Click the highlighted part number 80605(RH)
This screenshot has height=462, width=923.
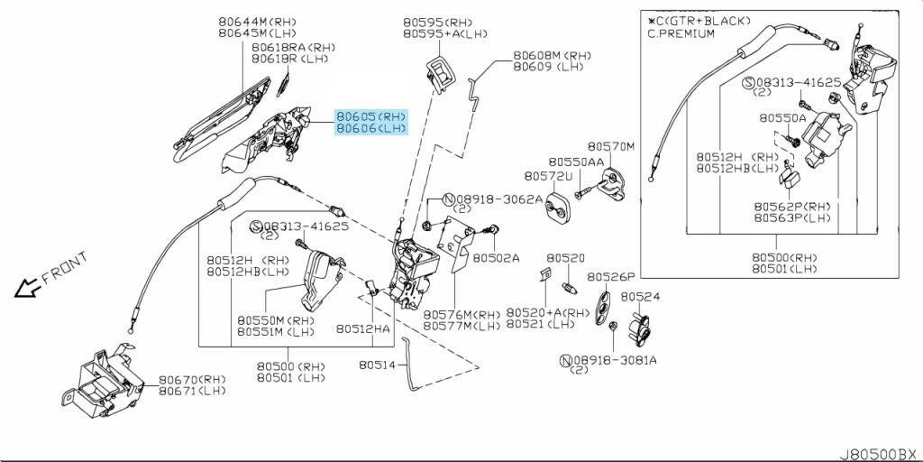tap(371, 116)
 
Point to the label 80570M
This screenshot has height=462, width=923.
tap(611, 146)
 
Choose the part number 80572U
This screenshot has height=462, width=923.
tap(547, 176)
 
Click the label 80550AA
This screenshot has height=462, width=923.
tap(576, 162)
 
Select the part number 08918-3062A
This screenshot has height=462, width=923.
tap(498, 199)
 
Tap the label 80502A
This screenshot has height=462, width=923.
tap(496, 257)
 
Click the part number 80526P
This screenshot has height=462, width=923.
tap(611, 277)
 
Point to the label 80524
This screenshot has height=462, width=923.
tap(640, 296)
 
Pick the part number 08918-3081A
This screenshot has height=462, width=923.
tap(614, 360)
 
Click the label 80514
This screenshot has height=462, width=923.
tap(377, 365)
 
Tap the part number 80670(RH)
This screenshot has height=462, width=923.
tap(192, 380)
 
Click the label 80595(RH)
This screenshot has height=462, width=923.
tap(437, 23)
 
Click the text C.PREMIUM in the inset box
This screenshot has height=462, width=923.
tap(681, 33)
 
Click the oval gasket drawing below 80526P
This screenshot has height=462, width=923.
tap(605, 304)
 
